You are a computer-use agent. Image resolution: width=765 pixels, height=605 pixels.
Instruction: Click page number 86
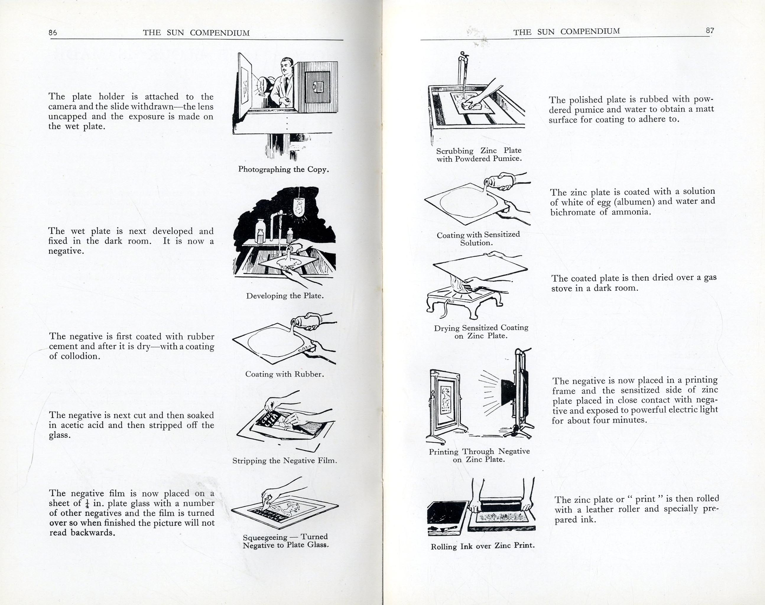click(53, 32)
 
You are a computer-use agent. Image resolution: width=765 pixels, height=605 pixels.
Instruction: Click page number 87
click(709, 30)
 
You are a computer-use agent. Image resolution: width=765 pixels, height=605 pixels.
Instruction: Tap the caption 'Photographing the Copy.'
click(283, 169)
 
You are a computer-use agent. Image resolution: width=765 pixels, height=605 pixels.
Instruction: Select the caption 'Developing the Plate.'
click(285, 296)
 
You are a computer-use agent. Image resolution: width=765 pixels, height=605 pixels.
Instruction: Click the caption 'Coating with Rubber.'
click(285, 374)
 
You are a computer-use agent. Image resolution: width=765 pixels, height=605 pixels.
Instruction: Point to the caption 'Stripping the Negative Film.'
click(285, 461)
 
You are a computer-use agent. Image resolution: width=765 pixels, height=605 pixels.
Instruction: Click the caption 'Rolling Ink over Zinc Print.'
click(482, 546)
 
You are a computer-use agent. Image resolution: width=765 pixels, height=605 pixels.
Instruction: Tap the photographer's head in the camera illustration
click(286, 68)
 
